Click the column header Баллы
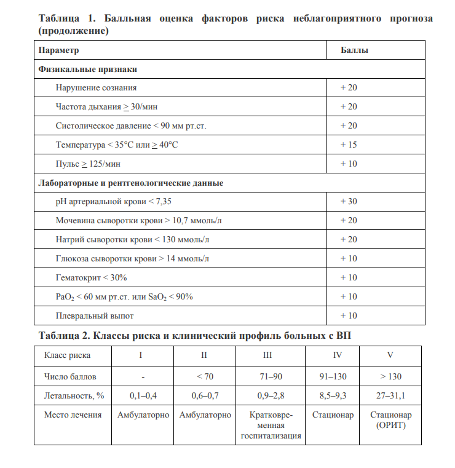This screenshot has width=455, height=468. (354, 50)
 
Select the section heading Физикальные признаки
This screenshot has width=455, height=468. (87, 69)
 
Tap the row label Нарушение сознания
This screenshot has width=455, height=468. (96, 88)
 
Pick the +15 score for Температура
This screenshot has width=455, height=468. (349, 145)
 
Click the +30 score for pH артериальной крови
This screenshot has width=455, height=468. (349, 202)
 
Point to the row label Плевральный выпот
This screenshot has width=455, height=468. (94, 316)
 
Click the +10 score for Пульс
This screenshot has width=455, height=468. (349, 164)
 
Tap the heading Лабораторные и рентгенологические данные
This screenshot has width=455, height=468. (130, 183)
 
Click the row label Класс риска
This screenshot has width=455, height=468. (67, 355)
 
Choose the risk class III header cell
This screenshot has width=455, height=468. (267, 355)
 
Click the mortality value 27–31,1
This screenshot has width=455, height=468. (390, 395)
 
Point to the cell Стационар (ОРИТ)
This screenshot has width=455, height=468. (390, 420)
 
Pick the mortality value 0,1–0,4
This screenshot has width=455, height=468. (143, 395)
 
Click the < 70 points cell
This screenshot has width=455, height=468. (205, 376)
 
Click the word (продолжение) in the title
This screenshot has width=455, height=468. (73, 30)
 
